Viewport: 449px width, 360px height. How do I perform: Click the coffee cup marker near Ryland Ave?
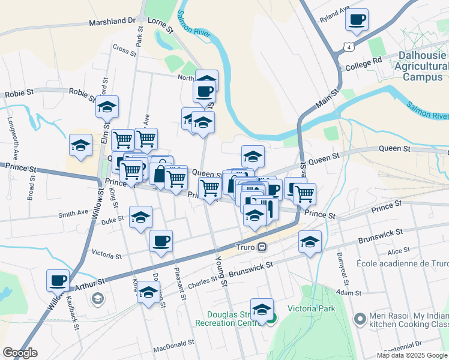point(357,19)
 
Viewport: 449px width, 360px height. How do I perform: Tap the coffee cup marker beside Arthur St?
point(58,280)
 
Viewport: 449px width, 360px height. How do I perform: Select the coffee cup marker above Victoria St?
point(161,241)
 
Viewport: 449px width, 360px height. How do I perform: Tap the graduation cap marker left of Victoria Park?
point(262,309)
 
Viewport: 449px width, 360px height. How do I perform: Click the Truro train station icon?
point(262,247)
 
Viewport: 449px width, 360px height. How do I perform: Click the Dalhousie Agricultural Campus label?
point(422,65)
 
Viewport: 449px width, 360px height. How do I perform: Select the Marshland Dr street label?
point(112,21)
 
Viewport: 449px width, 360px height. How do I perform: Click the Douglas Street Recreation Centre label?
point(228,318)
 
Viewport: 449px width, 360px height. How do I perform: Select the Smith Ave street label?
point(73,214)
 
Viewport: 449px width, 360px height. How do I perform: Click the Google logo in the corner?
point(20,353)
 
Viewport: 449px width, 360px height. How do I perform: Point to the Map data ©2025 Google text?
point(412,355)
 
